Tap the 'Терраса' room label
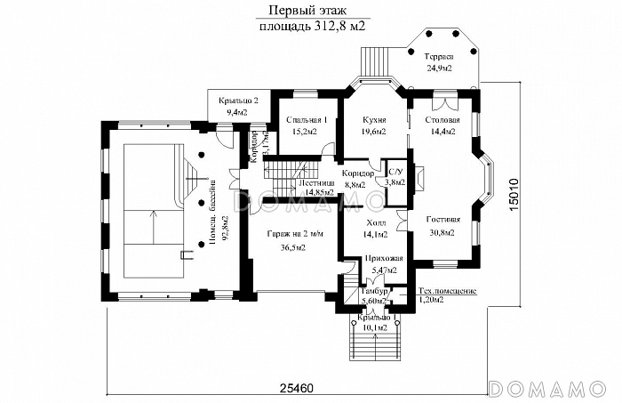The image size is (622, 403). tap(437, 57)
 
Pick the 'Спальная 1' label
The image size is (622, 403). tap(298, 120)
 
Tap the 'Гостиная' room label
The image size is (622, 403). tap(442, 219)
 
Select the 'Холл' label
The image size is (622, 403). tap(375, 223)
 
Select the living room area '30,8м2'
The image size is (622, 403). tap(442, 232)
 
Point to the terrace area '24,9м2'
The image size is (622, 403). tap(437, 69)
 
